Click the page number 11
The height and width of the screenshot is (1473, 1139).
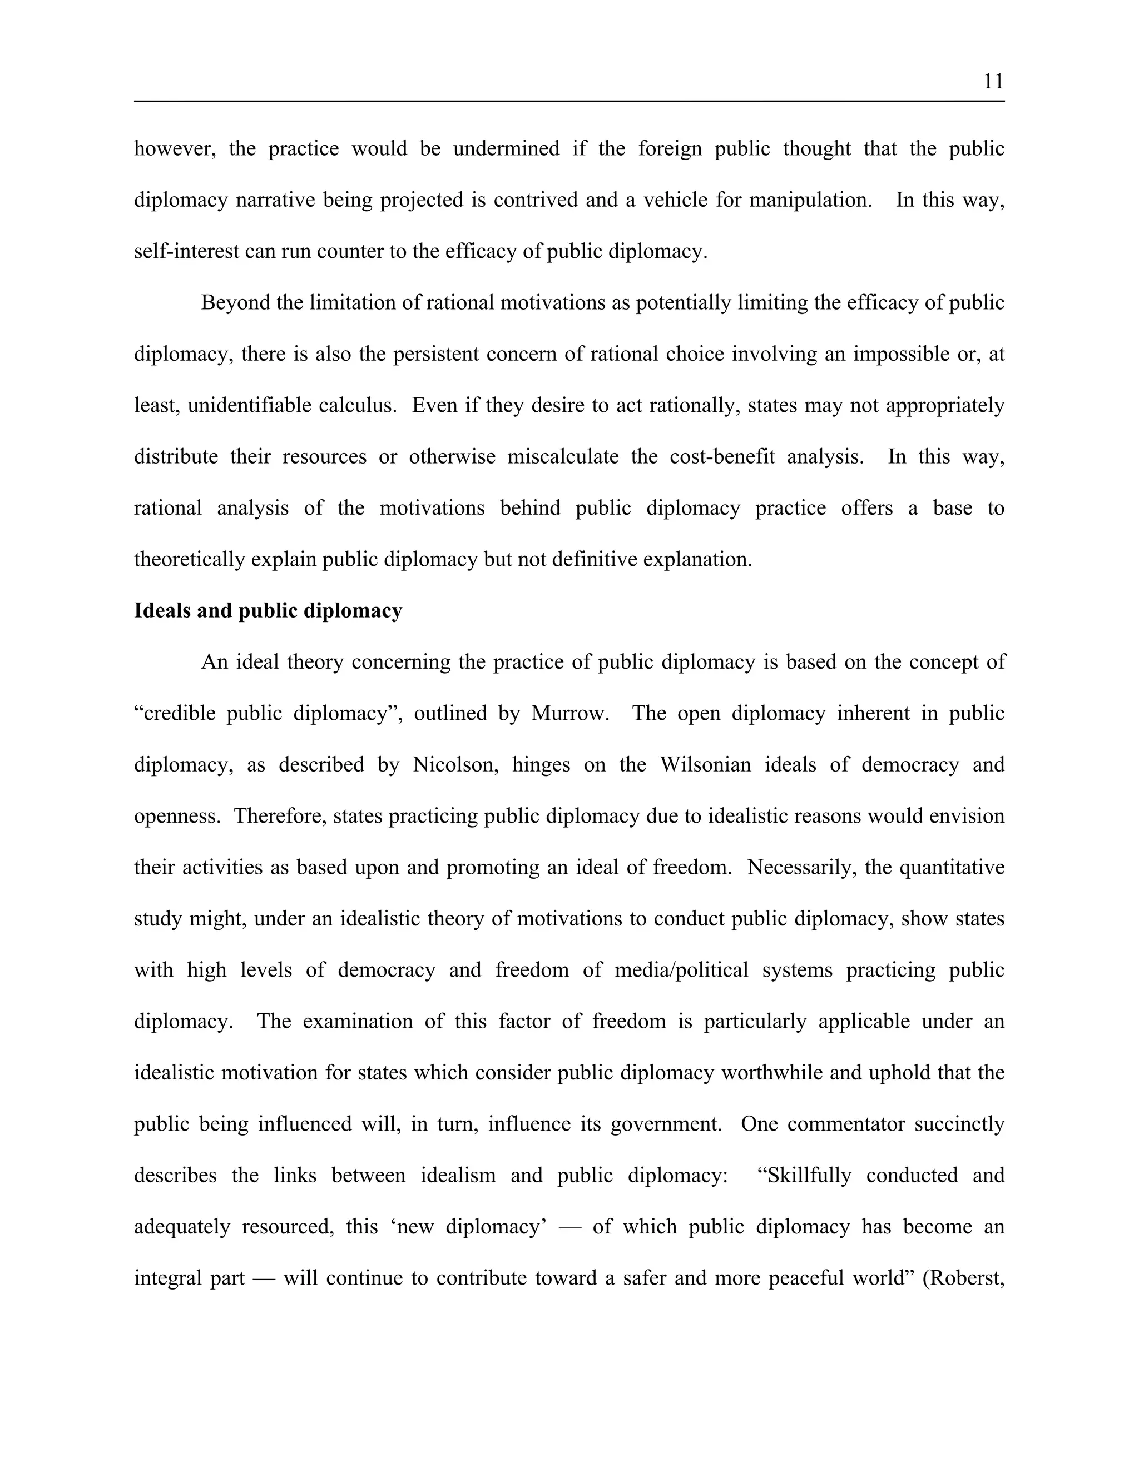click(x=993, y=82)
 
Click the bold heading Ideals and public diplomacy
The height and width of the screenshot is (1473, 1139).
click(x=268, y=610)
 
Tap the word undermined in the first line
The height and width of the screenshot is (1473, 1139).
click(x=506, y=148)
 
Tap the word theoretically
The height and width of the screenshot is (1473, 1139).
click(x=189, y=559)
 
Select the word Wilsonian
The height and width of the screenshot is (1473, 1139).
click(x=705, y=764)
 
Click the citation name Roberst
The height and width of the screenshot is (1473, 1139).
click(x=965, y=1278)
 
